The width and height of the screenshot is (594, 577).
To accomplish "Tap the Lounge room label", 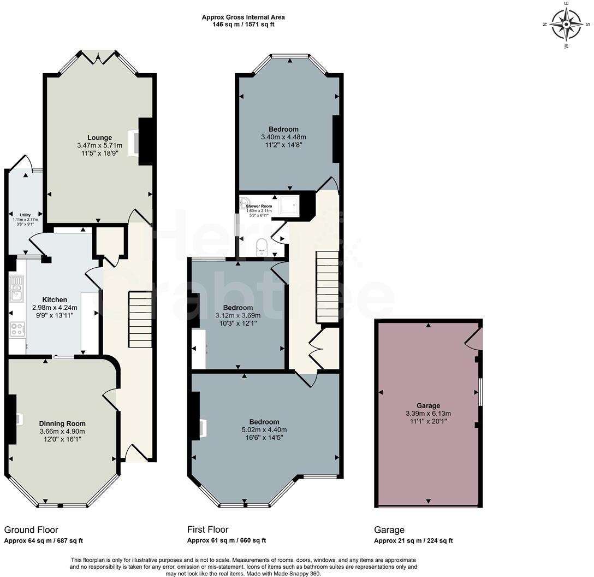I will click(x=99, y=137).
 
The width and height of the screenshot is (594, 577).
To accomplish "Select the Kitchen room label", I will click(x=55, y=299).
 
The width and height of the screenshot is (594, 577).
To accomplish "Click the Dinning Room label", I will click(x=62, y=423).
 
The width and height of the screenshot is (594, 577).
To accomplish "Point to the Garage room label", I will click(x=428, y=405).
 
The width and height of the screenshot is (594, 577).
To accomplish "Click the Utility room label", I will click(x=25, y=215).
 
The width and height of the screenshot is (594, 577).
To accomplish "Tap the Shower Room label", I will click(x=259, y=206).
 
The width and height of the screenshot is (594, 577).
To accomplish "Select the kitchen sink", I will click(x=16, y=288).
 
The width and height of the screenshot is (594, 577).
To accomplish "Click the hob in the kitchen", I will click(x=17, y=329).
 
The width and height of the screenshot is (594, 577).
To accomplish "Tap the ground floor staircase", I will click(x=140, y=320).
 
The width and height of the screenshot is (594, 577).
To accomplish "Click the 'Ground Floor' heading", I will click(x=31, y=529).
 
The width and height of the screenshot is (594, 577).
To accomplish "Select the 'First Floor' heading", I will click(x=207, y=529).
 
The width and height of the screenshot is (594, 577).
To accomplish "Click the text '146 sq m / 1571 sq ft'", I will click(x=243, y=25).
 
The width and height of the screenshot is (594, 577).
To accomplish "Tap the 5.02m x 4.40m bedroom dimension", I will click(x=264, y=430).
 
